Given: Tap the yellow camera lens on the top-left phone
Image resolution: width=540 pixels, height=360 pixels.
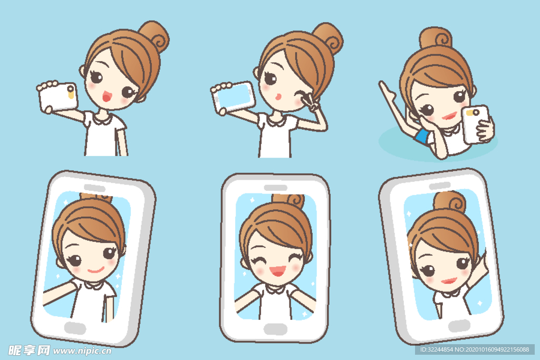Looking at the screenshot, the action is (71, 92).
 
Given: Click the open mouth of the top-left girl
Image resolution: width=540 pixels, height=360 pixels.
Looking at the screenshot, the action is (107, 96).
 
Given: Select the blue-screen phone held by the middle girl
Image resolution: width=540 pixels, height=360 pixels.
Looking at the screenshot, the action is (233, 98).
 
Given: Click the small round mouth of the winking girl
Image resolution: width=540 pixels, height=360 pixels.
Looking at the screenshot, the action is (278, 96).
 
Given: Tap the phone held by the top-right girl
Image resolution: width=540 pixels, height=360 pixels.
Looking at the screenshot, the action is (475, 124).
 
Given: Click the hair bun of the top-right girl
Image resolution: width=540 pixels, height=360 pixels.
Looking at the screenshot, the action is (436, 38).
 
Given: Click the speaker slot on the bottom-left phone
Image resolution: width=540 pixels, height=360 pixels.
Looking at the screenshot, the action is (94, 188).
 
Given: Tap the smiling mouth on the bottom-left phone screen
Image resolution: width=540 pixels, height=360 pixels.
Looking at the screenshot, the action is (96, 269).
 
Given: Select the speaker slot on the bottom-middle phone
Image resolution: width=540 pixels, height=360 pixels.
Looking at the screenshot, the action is (275, 188).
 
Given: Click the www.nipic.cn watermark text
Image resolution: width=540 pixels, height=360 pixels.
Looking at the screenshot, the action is (82, 351).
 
